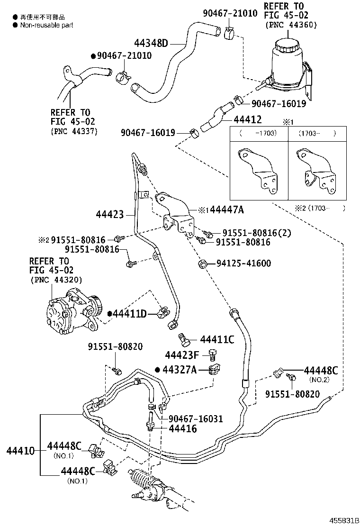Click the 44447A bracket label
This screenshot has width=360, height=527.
(x=225, y=209)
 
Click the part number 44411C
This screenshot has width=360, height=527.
(x=217, y=339)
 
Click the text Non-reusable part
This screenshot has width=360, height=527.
(x=46, y=25)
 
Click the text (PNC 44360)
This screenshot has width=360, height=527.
(x=291, y=25)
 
